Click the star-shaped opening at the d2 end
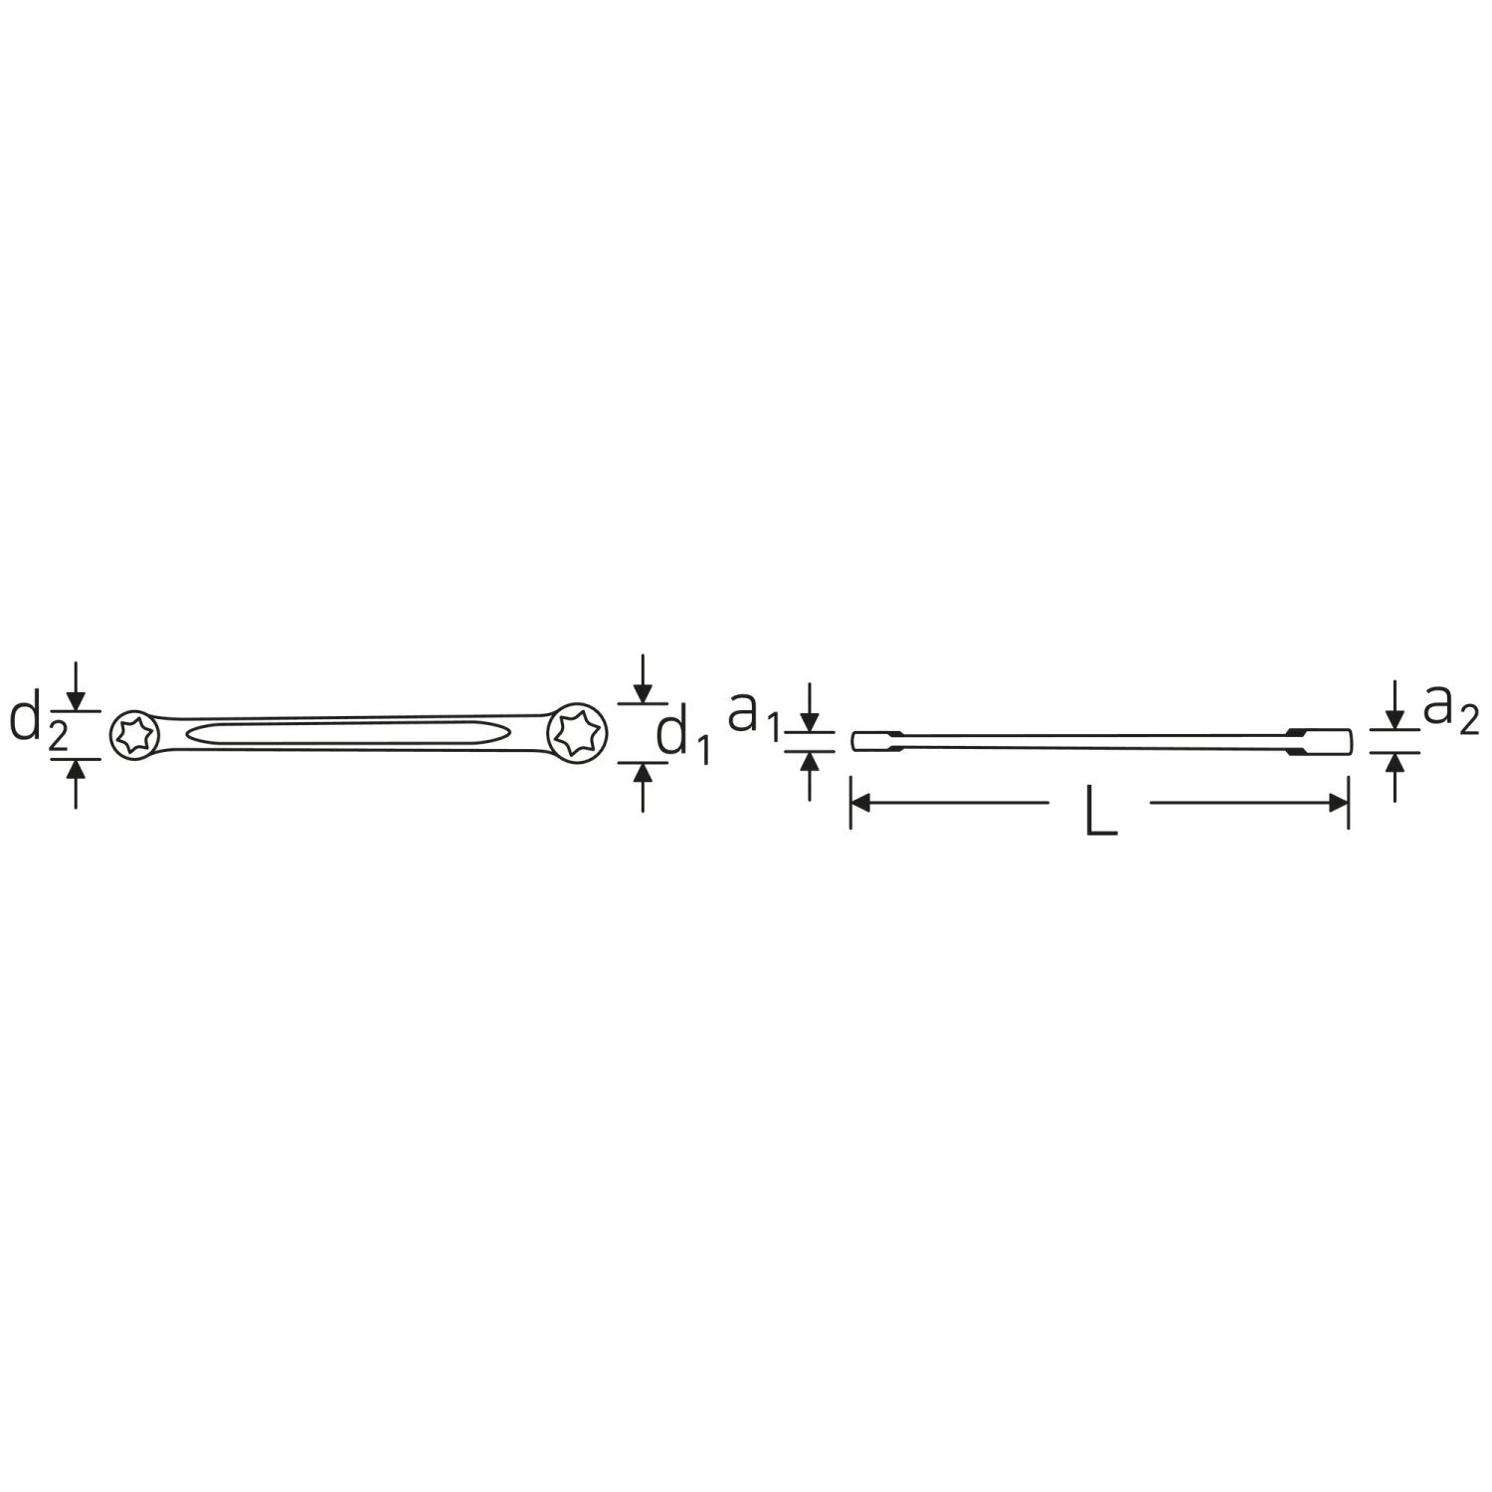(130, 736)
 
